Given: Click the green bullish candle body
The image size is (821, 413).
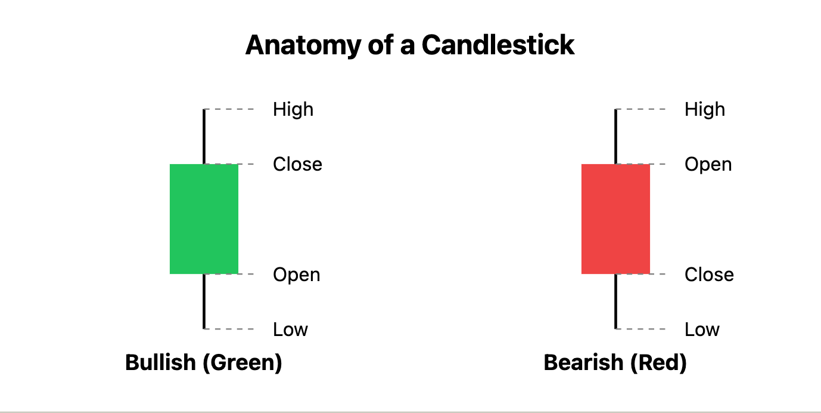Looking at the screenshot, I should (204, 218).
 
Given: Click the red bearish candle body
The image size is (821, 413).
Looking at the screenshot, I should (615, 218).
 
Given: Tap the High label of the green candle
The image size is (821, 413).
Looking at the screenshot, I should (293, 109).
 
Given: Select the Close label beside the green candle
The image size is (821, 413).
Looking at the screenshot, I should (297, 164).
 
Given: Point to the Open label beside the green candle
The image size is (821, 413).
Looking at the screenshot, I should (296, 275).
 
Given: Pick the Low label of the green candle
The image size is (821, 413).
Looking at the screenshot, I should (290, 329).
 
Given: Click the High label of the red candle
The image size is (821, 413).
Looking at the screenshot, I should (704, 109).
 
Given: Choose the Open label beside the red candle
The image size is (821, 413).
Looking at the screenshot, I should (708, 164).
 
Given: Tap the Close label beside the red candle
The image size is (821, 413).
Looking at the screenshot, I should (709, 275).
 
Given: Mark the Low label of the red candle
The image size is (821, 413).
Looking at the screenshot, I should (702, 329).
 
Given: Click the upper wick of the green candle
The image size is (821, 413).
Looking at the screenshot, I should (204, 136).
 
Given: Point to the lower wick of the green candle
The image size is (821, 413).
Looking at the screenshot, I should (204, 301).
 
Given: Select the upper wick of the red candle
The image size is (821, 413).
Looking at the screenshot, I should (615, 136).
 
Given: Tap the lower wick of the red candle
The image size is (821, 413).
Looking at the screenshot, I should (615, 301).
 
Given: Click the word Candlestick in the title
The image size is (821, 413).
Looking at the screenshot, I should (498, 45).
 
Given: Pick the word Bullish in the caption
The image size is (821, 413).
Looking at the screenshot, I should (160, 362).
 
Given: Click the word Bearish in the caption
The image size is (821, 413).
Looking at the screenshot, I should (578, 362).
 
